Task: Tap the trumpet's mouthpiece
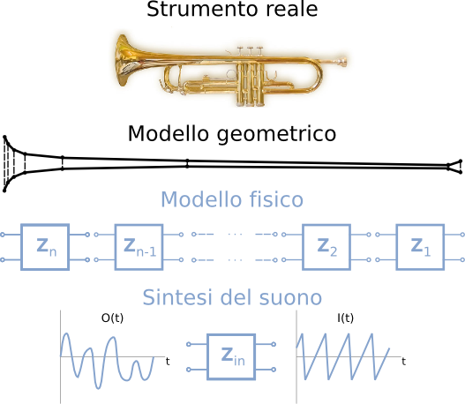point(341,62)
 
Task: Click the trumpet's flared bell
point(125,60)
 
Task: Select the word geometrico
point(276,134)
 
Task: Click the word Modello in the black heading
point(169,133)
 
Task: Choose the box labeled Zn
point(45,247)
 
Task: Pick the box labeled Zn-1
point(139,247)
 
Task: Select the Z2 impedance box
point(326,247)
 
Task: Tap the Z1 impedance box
point(420,247)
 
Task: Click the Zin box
point(231,356)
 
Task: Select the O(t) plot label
point(112,318)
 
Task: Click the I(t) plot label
point(346,318)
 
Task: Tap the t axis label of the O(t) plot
point(168,362)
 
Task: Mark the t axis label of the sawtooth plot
point(403,362)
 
